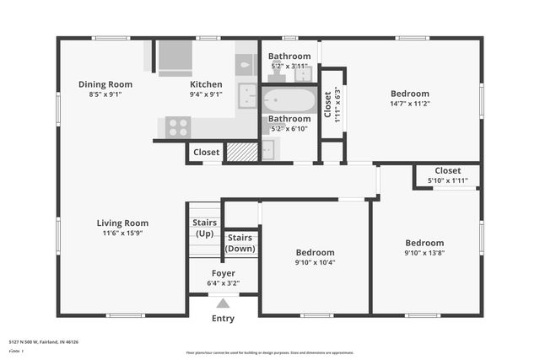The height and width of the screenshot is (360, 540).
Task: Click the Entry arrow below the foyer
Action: click(x=223, y=304)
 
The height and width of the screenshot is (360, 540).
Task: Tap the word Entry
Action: click(x=223, y=319)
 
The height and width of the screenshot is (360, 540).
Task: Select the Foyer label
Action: click(x=223, y=273)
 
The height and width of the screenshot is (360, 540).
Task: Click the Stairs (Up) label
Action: click(x=205, y=228)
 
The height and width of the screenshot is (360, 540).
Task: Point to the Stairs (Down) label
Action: click(x=240, y=243)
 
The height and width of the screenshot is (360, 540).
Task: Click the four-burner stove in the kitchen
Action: click(x=177, y=126)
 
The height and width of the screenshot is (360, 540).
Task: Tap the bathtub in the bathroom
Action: click(x=289, y=102)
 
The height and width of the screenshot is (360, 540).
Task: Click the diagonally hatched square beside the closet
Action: click(x=241, y=152)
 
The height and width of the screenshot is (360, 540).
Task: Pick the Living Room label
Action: click(x=122, y=223)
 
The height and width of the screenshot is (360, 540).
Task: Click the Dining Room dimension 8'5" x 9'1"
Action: click(x=105, y=94)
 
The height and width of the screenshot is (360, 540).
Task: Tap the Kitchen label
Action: click(x=206, y=84)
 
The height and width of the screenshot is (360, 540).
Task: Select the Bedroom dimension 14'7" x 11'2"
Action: click(x=410, y=104)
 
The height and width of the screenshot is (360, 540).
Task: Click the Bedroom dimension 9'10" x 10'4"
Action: click(x=315, y=262)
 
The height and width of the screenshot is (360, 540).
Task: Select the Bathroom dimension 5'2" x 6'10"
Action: click(x=289, y=129)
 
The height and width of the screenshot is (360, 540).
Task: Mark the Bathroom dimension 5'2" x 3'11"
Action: click(x=289, y=66)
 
